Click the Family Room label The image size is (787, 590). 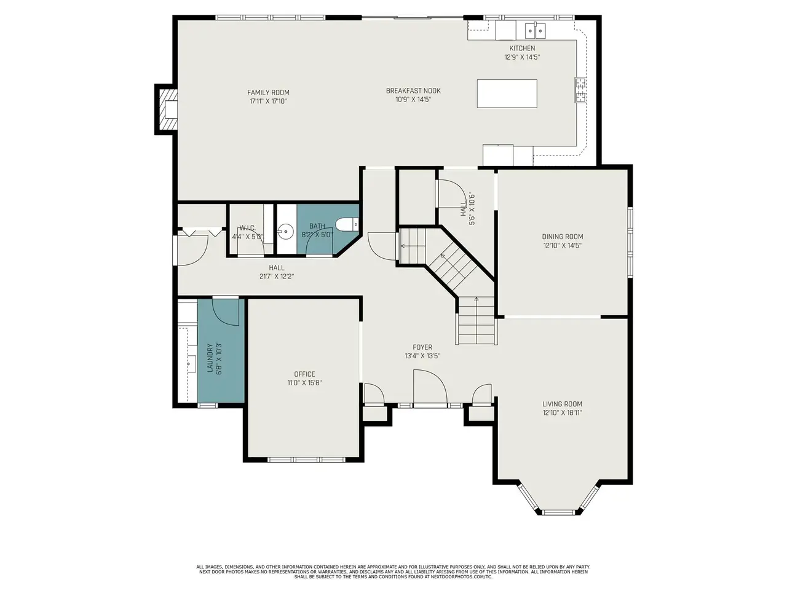tap(268, 92)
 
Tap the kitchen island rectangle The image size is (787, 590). tap(507, 93)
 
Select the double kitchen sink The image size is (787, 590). tap(536, 31)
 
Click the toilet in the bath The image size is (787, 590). tap(347, 224)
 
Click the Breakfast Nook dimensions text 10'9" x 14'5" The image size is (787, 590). tap(413, 100)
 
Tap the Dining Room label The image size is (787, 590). tap(562, 237)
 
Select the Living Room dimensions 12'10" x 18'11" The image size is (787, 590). tap(562, 412)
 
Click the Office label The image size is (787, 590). tap(304, 374)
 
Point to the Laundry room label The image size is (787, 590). tap(210, 358)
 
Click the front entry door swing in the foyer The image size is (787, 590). tap(430, 388)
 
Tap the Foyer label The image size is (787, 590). tap(422, 347)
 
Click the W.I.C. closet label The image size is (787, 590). tap(247, 228)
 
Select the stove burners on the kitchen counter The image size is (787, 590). tap(580, 90)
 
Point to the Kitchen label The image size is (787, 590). tap(522, 48)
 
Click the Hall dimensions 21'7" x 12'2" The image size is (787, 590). tap(277, 277)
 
